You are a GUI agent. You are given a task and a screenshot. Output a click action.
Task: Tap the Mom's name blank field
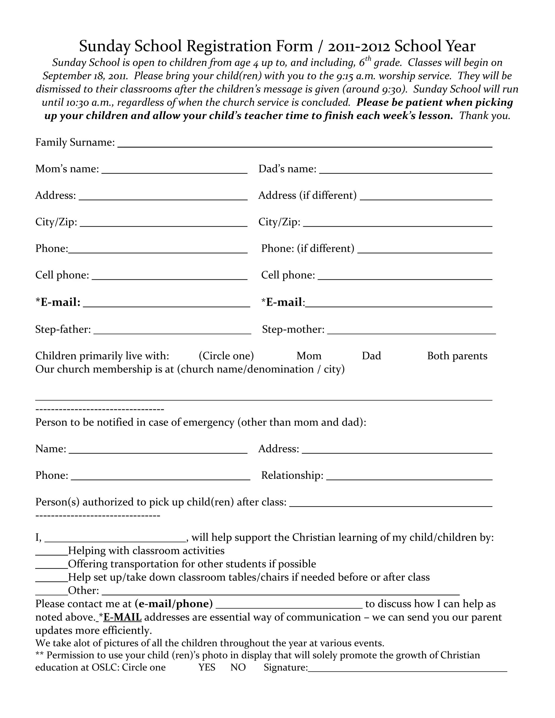point(174,170)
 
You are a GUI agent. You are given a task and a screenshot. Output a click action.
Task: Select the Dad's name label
point(287,169)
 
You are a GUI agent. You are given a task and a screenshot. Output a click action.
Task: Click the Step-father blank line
point(172,331)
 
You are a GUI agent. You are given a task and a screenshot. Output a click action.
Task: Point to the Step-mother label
point(293,329)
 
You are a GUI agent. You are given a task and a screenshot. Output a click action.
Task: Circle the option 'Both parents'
point(457,356)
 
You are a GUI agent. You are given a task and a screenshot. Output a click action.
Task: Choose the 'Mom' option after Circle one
point(309,356)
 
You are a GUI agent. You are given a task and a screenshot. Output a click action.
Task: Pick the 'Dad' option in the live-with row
point(371,356)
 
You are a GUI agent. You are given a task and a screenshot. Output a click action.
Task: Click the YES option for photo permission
point(207,667)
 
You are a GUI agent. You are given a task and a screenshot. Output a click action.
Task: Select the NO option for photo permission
point(238,667)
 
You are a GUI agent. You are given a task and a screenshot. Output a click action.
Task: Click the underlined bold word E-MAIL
point(122,617)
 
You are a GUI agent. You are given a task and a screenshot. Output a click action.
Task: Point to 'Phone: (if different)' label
point(308,248)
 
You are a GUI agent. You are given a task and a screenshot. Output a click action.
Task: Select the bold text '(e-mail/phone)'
point(174,604)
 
